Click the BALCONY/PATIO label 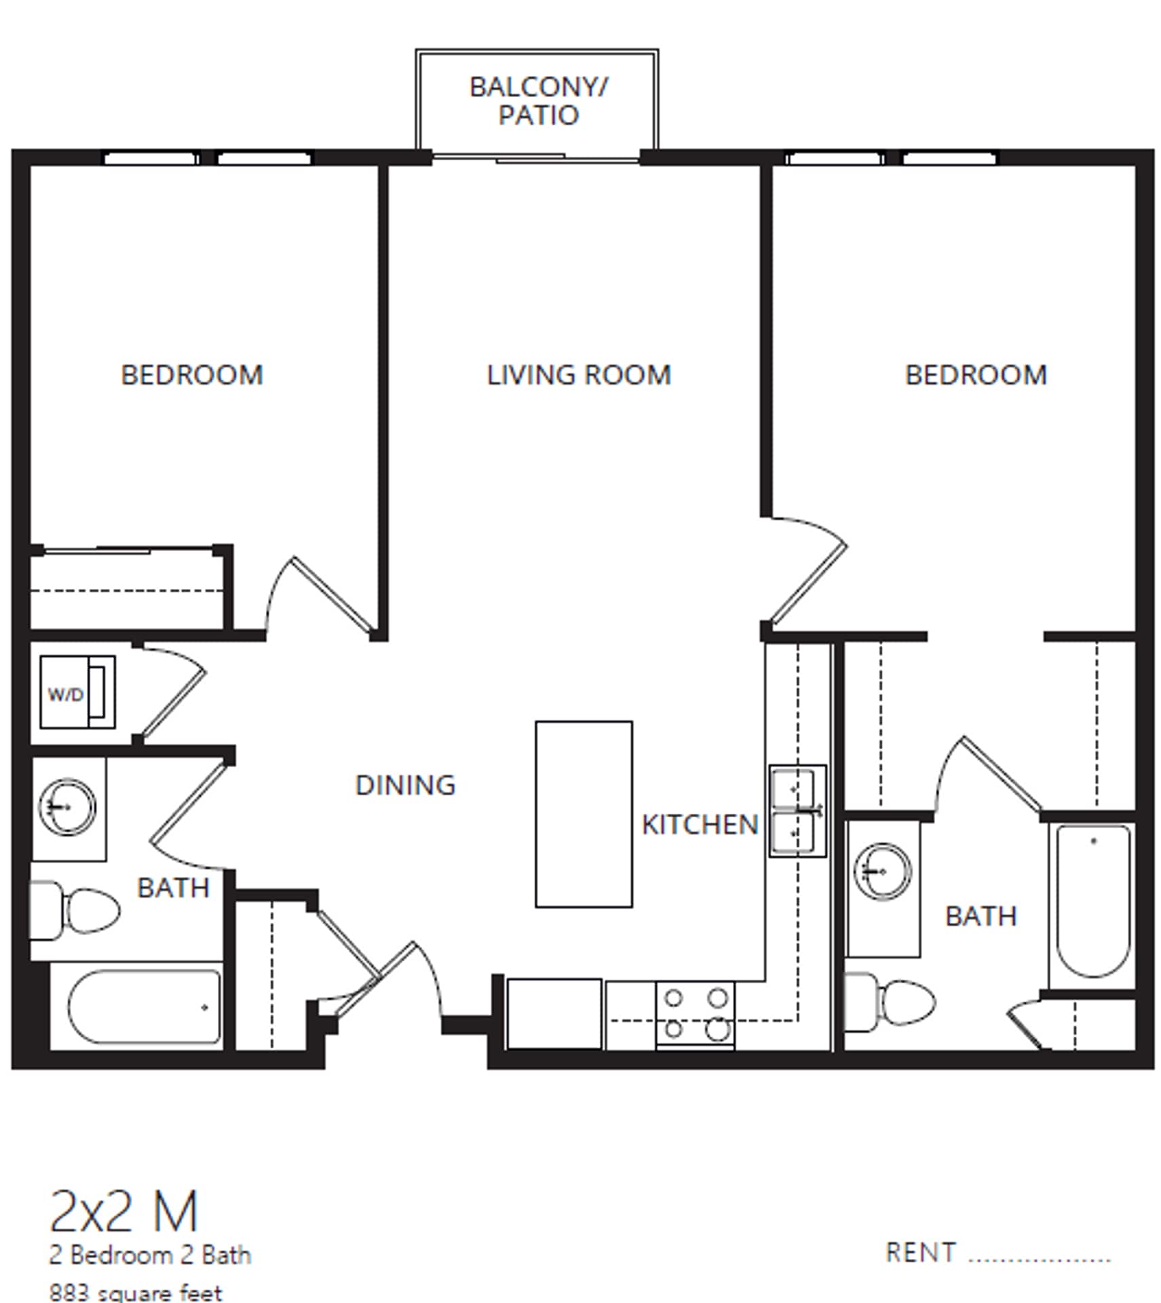(538, 100)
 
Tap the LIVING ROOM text (578, 375)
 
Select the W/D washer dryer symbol (77, 692)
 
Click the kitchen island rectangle (584, 814)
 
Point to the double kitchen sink (797, 810)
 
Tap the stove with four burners (695, 1015)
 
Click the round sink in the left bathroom (67, 807)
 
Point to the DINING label (405, 785)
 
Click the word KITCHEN (700, 824)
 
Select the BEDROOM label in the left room (192, 375)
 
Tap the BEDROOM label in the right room (976, 375)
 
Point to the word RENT (920, 1252)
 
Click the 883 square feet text (136, 1291)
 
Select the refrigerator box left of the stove (554, 1013)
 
